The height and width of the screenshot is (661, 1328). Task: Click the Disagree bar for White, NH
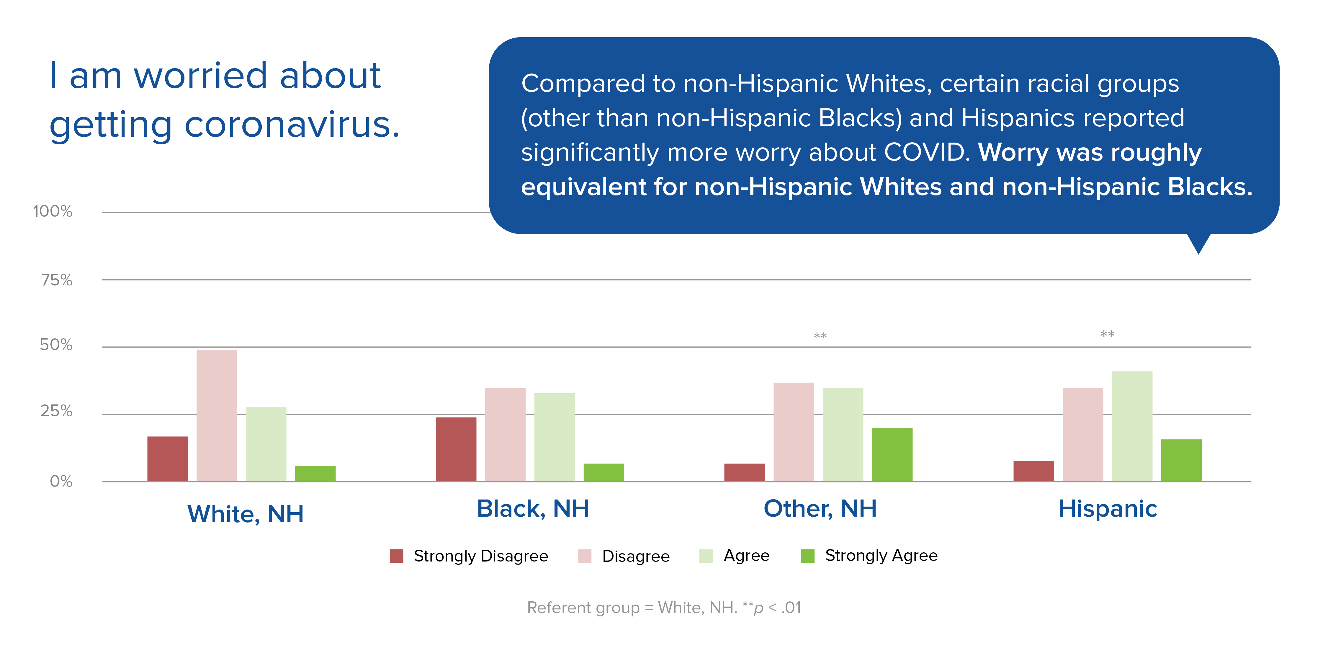(x=217, y=416)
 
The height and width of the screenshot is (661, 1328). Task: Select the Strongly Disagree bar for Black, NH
(x=456, y=449)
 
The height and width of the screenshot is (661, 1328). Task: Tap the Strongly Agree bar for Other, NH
(x=892, y=455)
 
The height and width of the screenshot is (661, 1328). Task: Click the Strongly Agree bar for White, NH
(x=315, y=473)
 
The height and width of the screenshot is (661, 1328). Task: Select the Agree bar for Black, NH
(x=554, y=437)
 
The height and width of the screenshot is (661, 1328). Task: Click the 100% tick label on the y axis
(x=53, y=211)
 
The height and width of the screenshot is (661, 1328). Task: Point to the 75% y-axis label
(x=57, y=280)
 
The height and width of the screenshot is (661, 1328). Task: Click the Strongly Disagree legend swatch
(x=396, y=556)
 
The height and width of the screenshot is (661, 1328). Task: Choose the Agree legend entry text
(x=746, y=555)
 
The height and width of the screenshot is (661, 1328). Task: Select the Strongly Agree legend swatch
(x=807, y=556)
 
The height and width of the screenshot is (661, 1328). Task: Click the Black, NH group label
(x=533, y=509)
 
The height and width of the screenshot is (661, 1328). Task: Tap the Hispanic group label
(x=1107, y=509)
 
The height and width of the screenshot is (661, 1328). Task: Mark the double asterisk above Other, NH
(x=820, y=336)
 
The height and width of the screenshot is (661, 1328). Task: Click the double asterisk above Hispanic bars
(x=1107, y=334)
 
